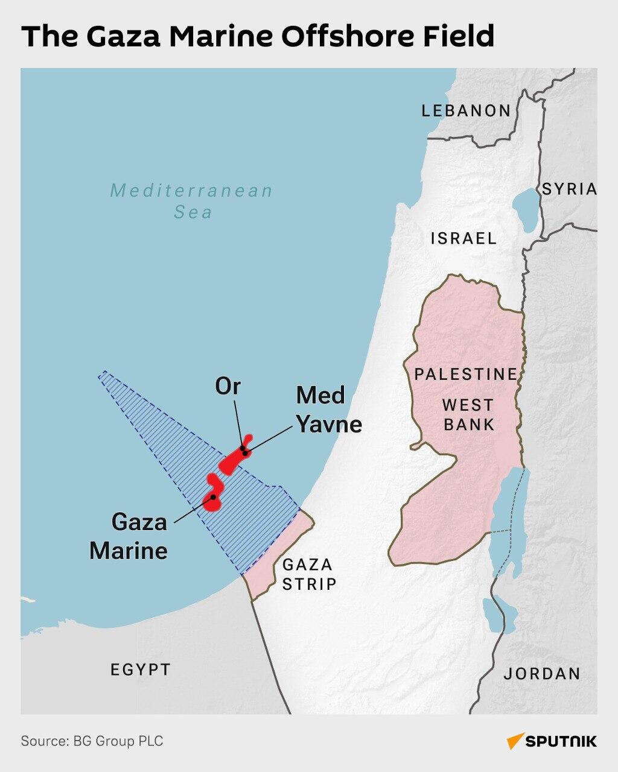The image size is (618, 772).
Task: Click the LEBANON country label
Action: (x=466, y=111)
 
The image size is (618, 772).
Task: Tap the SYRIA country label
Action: (x=569, y=189)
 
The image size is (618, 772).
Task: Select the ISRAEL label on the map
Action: (x=463, y=238)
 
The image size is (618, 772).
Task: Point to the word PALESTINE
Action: (x=465, y=375)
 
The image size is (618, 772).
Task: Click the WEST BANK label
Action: (x=468, y=414)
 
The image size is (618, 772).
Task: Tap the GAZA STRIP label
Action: (x=308, y=574)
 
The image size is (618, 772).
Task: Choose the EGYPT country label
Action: (x=140, y=669)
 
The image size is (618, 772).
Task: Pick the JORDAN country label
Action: (x=542, y=674)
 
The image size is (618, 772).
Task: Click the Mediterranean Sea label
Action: (x=192, y=201)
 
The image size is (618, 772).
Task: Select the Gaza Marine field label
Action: (x=129, y=536)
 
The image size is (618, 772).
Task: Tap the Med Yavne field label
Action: (x=328, y=410)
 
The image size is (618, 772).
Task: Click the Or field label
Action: (x=228, y=387)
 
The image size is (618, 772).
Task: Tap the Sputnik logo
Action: (x=552, y=741)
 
